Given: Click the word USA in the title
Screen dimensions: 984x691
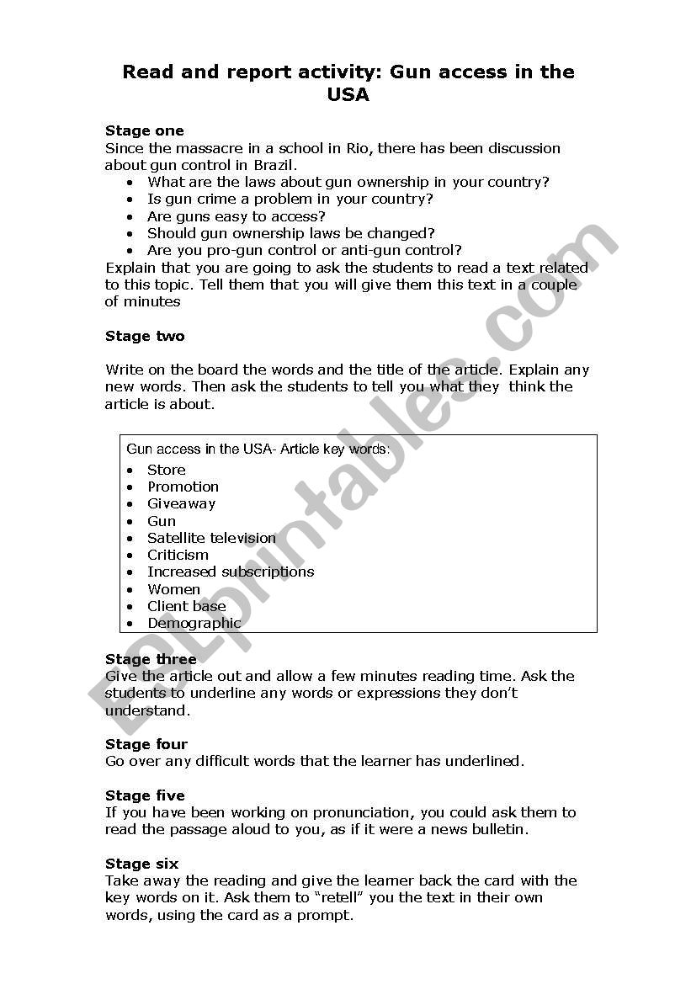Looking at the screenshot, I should click(x=348, y=95).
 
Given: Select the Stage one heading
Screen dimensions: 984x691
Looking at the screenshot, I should click(x=145, y=130).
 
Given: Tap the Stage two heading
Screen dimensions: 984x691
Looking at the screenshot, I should click(x=145, y=336).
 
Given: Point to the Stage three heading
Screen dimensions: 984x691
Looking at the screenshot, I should click(x=151, y=659).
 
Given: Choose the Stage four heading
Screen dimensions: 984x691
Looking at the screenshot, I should click(x=146, y=744).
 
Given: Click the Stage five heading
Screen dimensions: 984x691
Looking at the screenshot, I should click(x=145, y=795).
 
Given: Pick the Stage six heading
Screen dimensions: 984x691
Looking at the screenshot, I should click(x=141, y=864).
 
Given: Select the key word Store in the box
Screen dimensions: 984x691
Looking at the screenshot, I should click(x=167, y=470).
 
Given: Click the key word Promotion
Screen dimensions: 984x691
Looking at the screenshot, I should click(x=183, y=487).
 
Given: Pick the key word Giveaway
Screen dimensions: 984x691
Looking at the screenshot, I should click(x=182, y=503).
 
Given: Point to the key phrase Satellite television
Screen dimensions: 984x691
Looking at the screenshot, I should click(x=211, y=538).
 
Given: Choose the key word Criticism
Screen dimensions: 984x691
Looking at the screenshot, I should click(x=178, y=555).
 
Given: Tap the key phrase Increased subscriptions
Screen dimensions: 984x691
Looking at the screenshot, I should click(x=231, y=572).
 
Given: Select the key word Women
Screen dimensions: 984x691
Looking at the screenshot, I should click(x=173, y=589).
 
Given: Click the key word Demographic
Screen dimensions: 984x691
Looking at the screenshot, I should click(x=194, y=623).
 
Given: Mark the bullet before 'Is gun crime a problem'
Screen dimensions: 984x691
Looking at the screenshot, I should click(x=130, y=199).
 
